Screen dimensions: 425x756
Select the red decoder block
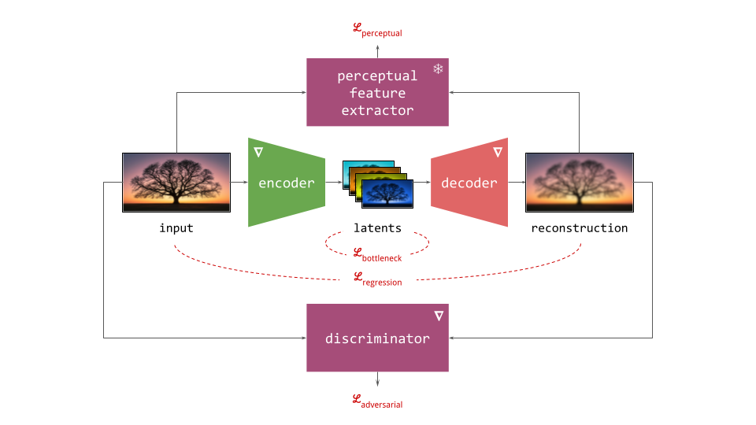(469, 183)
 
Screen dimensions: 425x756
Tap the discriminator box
(377, 338)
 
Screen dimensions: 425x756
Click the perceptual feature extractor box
(377, 93)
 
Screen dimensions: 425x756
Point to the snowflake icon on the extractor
(438, 69)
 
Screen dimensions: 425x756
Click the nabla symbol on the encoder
(258, 151)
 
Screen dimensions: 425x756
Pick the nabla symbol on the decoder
(497, 151)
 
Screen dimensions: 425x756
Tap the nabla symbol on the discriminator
(438, 316)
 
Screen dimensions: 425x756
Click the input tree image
(176, 183)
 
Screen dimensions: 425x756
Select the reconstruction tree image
(579, 183)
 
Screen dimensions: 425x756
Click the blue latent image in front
(387, 194)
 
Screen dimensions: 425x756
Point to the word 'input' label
(176, 228)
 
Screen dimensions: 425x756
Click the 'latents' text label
(377, 228)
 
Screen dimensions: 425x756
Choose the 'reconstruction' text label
(579, 228)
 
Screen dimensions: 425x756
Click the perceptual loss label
(377, 31)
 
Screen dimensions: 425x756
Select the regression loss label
(377, 279)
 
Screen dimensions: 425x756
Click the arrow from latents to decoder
(423, 183)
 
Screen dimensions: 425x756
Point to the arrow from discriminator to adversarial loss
(377, 379)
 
